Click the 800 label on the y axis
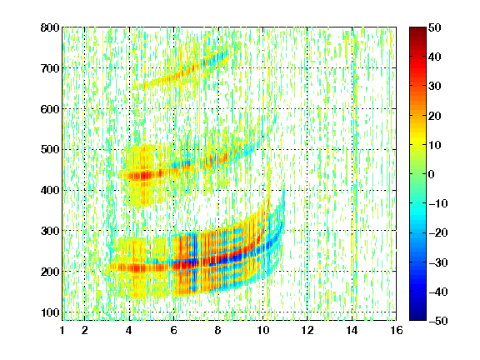(50, 27)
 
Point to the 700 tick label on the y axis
(50, 68)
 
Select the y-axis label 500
(50, 150)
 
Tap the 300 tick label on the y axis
(50, 231)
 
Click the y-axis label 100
(50, 312)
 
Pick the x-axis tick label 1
(62, 330)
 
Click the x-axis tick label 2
(84, 330)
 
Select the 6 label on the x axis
(173, 330)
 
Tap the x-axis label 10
(262, 330)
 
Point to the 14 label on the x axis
(352, 330)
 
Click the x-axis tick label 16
(397, 330)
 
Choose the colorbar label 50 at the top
(434, 27)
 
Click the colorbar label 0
(432, 174)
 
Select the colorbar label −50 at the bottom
(437, 321)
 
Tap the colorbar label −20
(437, 232)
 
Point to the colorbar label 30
(434, 86)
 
